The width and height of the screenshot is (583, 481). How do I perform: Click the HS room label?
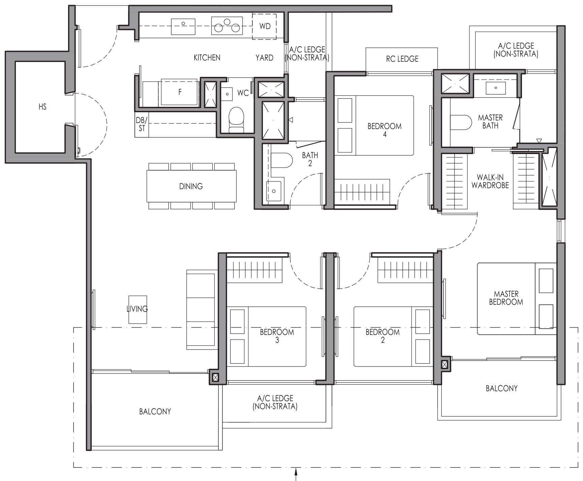pos(42,107)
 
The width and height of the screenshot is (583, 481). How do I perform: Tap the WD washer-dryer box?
pos(265,26)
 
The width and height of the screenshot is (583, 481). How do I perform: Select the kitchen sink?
pos(183,27)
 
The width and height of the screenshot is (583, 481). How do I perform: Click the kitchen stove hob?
pos(227,26)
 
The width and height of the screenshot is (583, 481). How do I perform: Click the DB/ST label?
pos(142,124)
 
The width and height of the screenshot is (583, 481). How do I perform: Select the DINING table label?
pos(191,186)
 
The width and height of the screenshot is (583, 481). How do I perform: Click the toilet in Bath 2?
pos(281,160)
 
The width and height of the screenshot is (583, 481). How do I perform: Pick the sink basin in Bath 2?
pos(274,191)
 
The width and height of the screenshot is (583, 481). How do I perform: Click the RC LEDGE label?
pos(402,59)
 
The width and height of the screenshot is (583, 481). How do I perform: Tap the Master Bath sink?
pos(496,88)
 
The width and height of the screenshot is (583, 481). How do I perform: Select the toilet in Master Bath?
pos(461,123)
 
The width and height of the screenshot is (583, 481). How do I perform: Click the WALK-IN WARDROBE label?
pos(490,181)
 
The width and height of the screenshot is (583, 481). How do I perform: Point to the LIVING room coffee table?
pos(137,310)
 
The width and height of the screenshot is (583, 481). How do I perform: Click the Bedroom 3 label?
pos(277,336)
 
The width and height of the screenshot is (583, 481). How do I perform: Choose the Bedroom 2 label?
pos(382,336)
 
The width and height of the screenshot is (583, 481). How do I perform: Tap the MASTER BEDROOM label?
pos(506,298)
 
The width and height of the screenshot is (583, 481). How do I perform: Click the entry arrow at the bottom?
pos(296,474)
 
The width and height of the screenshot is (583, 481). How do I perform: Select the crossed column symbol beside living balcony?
pos(215,378)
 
